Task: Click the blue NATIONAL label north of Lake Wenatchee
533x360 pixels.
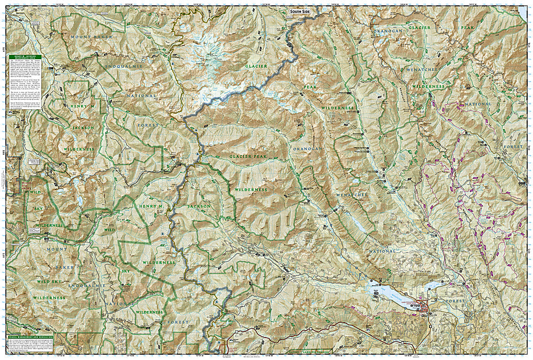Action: tap(381, 251)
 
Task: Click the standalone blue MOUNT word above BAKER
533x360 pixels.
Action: tap(56, 249)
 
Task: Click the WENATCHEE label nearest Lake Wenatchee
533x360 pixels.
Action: tap(351, 196)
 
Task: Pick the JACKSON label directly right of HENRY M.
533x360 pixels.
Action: tap(198, 206)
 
